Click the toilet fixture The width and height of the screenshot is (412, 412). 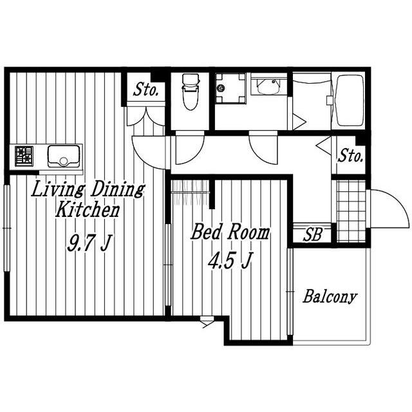[191, 91]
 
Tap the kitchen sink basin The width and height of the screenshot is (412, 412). [64, 156]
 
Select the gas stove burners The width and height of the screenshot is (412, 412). [24, 156]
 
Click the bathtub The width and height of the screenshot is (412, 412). [350, 100]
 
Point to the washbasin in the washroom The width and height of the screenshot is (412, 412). [268, 86]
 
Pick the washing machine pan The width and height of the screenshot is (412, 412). [230, 88]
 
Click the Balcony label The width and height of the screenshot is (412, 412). [330, 297]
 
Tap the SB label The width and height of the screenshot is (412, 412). [312, 234]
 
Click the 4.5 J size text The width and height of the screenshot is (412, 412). [230, 260]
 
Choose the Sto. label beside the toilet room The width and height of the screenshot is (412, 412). [146, 90]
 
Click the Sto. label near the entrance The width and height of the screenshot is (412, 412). [351, 156]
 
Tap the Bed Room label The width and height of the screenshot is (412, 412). [230, 232]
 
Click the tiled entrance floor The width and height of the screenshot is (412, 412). [351, 211]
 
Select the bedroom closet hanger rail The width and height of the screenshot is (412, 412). [191, 192]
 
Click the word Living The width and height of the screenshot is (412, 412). [58, 189]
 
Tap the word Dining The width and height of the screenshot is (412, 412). [117, 189]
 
